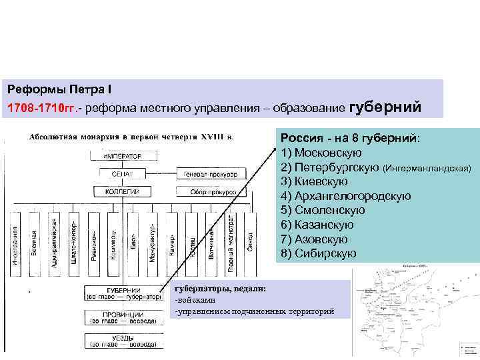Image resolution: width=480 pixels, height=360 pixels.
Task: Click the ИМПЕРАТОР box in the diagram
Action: pyautogui.click(x=123, y=156)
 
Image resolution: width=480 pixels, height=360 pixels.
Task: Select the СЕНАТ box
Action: pyautogui.click(x=123, y=174)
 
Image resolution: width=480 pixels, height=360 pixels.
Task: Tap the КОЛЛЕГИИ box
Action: pyautogui.click(x=123, y=191)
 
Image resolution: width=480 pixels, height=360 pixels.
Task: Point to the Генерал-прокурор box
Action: pyautogui.click(x=210, y=174)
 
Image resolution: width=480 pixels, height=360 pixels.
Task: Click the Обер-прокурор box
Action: pyautogui.click(x=210, y=191)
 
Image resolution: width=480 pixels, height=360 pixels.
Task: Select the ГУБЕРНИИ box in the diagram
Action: pyautogui.click(x=123, y=294)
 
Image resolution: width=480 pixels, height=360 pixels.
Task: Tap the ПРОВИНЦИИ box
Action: pyautogui.click(x=123, y=318)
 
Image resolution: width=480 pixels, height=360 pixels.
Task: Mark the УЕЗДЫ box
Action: pyautogui.click(x=123, y=341)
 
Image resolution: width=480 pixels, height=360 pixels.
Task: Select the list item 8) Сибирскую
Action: pyautogui.click(x=319, y=253)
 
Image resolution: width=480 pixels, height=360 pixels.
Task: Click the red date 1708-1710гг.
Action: pyautogui.click(x=40, y=107)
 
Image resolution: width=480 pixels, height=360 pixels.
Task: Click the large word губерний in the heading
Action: pyautogui.click(x=385, y=107)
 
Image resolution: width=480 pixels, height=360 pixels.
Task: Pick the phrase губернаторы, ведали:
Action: pyautogui.click(x=220, y=288)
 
